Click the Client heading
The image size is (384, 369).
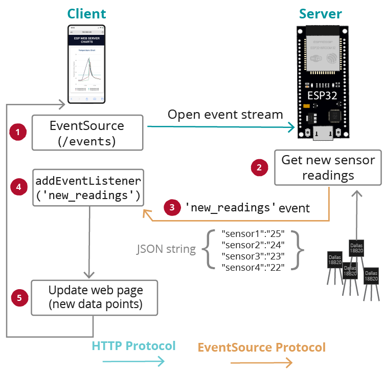[86, 14]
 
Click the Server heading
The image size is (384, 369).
[321, 14]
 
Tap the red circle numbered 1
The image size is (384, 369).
[18, 132]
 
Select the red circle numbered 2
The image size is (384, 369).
[259, 167]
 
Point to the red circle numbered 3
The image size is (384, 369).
[172, 207]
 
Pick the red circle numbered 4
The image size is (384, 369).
[18, 187]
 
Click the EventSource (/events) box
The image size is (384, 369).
[86, 133]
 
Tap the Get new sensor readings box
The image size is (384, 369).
[328, 167]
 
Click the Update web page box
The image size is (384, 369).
[95, 297]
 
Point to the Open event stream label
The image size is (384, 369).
[225, 115]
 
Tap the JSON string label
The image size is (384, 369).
[166, 249]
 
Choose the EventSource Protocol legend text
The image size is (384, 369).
[261, 348]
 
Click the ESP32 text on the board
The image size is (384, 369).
[321, 96]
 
